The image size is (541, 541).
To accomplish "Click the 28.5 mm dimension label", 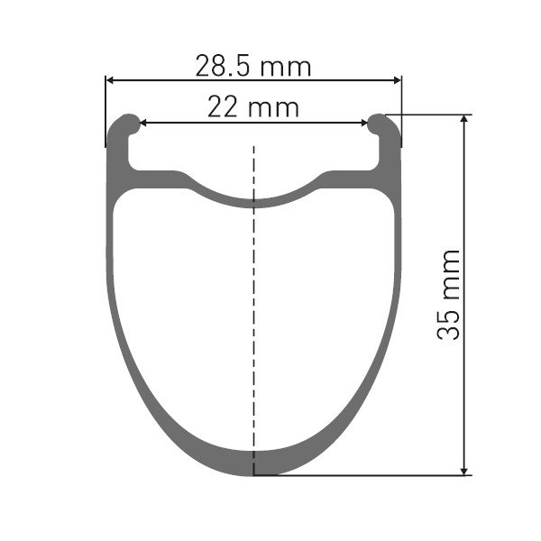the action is pos(253,66).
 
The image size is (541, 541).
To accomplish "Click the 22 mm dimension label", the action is pos(253,107).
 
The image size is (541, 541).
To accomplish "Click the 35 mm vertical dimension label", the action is pos(448,295).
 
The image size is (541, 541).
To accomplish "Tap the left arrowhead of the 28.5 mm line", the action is pos(110,80).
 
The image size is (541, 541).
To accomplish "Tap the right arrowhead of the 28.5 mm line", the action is pos(397,80).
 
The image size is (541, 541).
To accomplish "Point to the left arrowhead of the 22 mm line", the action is pos(143,123).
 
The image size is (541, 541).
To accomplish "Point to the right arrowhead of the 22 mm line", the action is pos(364,123).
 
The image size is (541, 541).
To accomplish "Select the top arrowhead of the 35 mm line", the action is pos(464,119).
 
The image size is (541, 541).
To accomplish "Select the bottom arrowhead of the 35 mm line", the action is pos(464,471).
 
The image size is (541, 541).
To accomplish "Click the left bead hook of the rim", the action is pos(129,124).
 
